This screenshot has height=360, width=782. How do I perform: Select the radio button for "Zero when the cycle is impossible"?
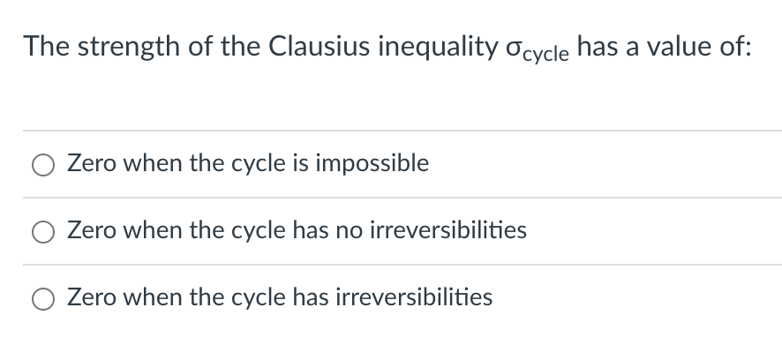[x=43, y=165]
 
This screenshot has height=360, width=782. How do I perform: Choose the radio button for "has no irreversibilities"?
[x=43, y=232]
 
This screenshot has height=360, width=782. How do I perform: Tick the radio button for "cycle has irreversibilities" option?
[x=43, y=298]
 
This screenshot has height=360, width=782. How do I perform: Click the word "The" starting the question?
[x=43, y=46]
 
